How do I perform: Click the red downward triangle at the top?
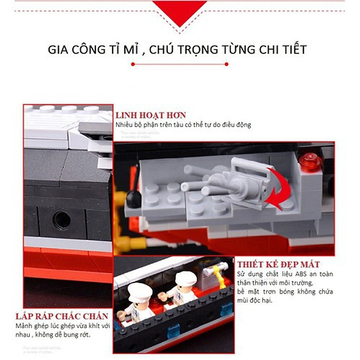[x=180, y=12]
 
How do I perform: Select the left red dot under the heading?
[x=133, y=64]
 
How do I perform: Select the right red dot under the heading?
[x=226, y=64]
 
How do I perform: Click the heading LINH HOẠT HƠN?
[x=150, y=115]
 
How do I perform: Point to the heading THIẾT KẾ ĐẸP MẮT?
[x=278, y=264]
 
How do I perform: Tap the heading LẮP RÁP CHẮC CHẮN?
[x=61, y=317]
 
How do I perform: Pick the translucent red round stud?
[x=310, y=162]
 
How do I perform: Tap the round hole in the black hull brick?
[x=61, y=220]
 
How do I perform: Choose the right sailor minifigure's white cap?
[x=185, y=278]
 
